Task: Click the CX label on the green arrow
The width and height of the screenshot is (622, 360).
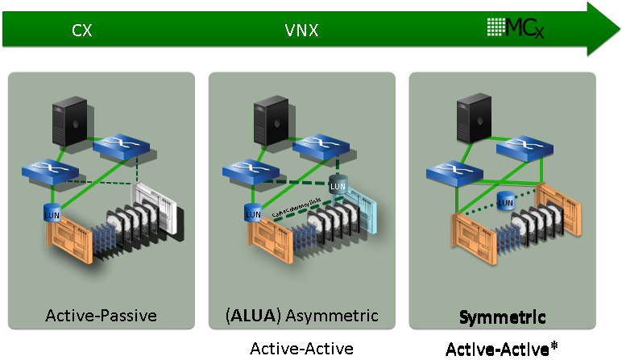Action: coord(81,31)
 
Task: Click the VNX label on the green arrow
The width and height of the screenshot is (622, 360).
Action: coord(301,31)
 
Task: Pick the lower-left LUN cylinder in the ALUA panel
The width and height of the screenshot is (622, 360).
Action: coord(253,213)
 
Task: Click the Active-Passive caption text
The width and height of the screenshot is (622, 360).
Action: coord(101,314)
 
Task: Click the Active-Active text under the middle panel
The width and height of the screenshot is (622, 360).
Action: coord(301,348)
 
